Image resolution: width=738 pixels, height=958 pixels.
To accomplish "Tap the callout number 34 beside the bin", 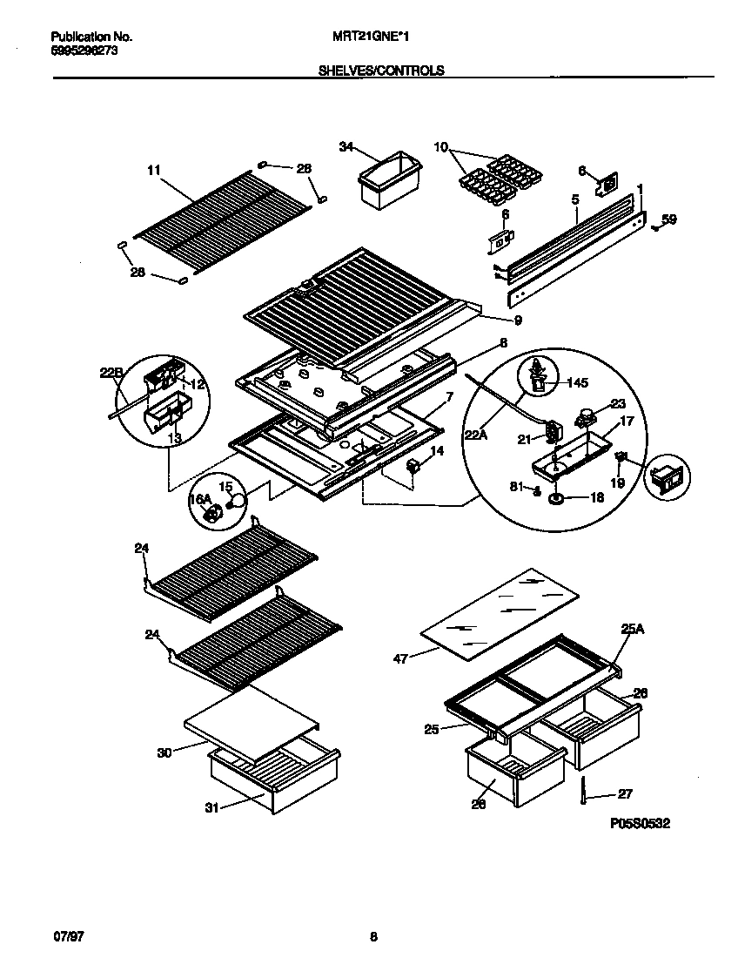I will point(346,147).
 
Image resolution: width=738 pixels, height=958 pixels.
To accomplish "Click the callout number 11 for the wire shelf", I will point(154,172).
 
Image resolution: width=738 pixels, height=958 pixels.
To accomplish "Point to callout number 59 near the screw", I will point(668,219).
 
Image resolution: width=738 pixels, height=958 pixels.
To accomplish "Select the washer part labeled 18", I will point(554,499).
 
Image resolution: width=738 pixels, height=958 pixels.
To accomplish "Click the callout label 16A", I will point(201,499).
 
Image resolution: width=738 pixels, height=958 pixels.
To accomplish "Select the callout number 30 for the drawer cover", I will point(164,753).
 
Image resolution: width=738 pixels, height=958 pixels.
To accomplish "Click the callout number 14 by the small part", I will point(436,451).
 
